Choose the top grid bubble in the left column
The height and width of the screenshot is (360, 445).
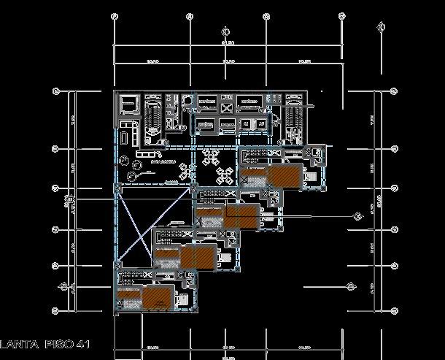[56, 91]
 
